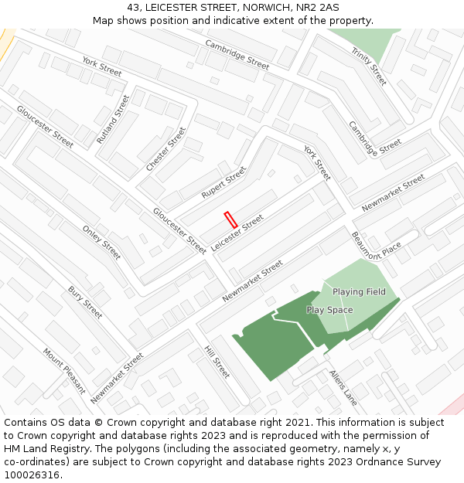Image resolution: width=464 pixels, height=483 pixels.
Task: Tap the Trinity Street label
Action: pyautogui.click(x=368, y=66)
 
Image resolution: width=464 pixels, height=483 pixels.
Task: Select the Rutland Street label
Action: pyautogui.click(x=113, y=119)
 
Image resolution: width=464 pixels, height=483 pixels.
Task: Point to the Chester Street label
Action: pyautogui.click(x=165, y=149)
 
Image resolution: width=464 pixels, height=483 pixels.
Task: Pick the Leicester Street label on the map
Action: pyautogui.click(x=237, y=233)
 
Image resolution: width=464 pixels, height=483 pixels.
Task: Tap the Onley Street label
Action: pyautogui.click(x=101, y=242)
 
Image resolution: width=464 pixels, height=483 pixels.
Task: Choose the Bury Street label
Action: pyautogui.click(x=85, y=302)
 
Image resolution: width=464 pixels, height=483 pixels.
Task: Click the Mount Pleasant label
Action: pyautogui.click(x=64, y=370)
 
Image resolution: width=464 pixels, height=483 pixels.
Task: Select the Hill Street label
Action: pyautogui.click(x=217, y=362)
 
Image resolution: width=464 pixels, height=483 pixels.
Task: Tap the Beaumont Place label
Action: pyautogui.click(x=377, y=247)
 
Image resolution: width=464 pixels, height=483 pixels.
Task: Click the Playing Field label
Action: pyautogui.click(x=360, y=292)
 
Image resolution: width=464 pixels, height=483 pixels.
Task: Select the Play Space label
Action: pyautogui.click(x=329, y=310)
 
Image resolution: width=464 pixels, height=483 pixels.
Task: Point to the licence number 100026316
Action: pyautogui.click(x=33, y=474)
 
